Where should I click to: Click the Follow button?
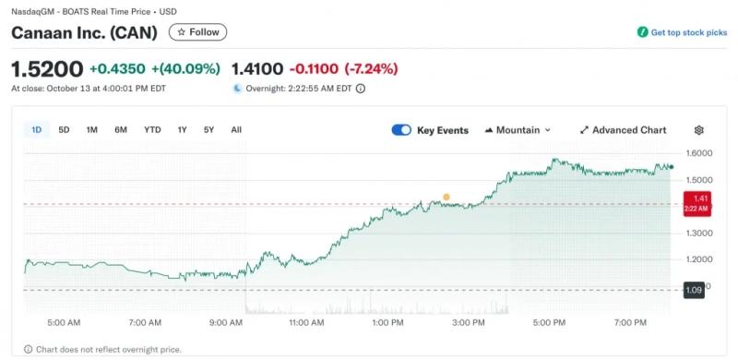pyautogui.click(x=197, y=32)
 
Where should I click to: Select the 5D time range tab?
pyautogui.click(x=64, y=129)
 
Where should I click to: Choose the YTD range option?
pyautogui.click(x=152, y=129)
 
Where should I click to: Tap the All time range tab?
pyautogui.click(x=236, y=129)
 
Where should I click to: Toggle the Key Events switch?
pyautogui.click(x=401, y=130)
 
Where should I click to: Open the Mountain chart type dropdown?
pyautogui.click(x=518, y=130)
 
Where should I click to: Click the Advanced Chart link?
pyautogui.click(x=624, y=130)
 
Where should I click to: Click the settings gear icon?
pyautogui.click(x=699, y=130)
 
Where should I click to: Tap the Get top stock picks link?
pyautogui.click(x=682, y=32)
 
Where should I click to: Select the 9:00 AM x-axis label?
pyautogui.click(x=226, y=323)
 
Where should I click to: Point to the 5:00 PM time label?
pyautogui.click(x=549, y=323)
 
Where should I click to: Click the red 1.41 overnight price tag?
pyautogui.click(x=697, y=204)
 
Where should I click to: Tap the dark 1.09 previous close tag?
pyautogui.click(x=694, y=290)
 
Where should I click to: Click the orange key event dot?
pyautogui.click(x=446, y=197)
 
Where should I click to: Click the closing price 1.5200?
pyautogui.click(x=47, y=69)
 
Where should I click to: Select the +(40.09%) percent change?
pyautogui.click(x=185, y=69)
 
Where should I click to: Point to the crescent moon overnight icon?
pyautogui.click(x=238, y=88)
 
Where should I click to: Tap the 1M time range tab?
pyautogui.click(x=91, y=129)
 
